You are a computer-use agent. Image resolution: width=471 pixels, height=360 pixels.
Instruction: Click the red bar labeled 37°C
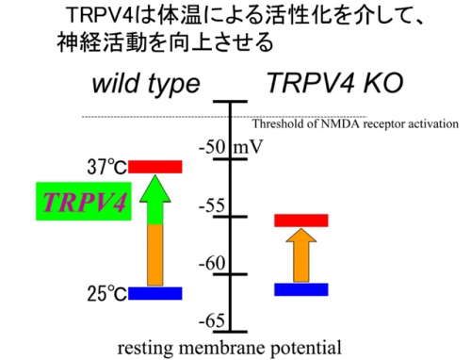point(155,167)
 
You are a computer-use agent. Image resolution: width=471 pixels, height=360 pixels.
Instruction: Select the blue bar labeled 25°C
point(155,293)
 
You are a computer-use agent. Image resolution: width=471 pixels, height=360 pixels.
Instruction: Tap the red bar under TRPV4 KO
point(301,221)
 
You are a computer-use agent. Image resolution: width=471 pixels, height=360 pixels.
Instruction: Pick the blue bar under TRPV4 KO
point(301,289)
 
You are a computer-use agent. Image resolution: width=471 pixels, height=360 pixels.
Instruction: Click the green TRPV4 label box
point(84,202)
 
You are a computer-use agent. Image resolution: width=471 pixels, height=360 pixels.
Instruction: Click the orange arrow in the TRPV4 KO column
point(301,255)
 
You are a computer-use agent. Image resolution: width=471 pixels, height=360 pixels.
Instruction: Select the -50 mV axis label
point(231,146)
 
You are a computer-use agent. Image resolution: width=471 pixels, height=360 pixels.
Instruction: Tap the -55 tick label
point(212,205)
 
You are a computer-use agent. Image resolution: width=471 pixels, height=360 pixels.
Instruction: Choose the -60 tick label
point(212,263)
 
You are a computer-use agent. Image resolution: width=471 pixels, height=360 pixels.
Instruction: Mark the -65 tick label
point(212,320)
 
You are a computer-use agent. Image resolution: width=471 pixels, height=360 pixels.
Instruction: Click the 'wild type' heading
point(146,84)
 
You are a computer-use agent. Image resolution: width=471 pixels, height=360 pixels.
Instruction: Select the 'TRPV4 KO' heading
point(334,83)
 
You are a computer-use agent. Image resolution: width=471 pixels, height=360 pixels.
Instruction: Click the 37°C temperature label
point(107,167)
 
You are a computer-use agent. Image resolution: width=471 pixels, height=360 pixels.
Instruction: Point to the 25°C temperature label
point(107,294)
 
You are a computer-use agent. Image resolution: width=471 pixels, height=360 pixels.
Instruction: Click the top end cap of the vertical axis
point(231,102)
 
